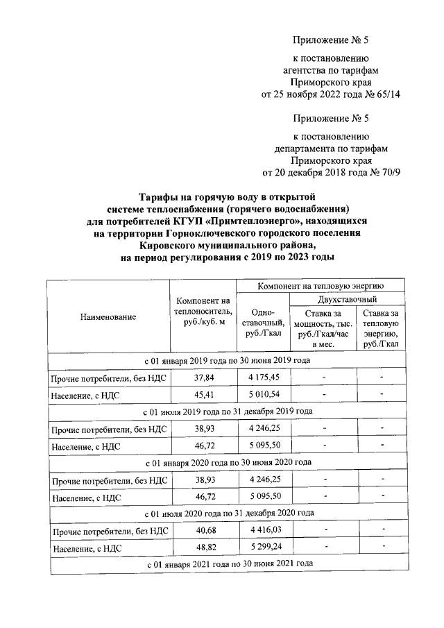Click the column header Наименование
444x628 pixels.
108,317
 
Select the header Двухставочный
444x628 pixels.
347,300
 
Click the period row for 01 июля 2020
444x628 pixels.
228,513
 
